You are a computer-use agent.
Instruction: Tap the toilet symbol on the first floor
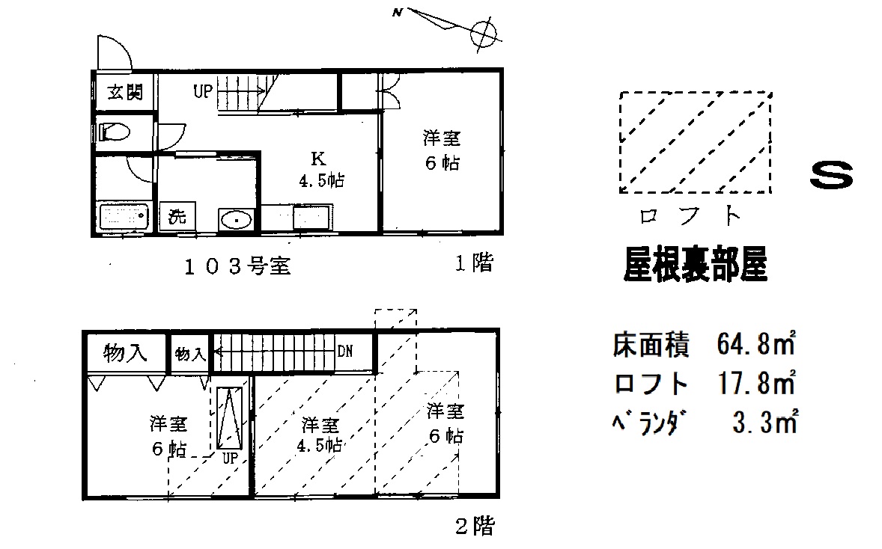click(x=115, y=133)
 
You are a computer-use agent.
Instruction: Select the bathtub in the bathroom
click(x=124, y=218)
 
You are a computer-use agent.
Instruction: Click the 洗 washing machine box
click(x=177, y=218)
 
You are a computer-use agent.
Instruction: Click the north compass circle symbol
click(x=483, y=32)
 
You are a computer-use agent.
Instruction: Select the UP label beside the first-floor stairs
click(x=203, y=92)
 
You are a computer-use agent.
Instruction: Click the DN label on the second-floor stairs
click(x=345, y=350)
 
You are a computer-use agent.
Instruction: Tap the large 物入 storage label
click(x=124, y=352)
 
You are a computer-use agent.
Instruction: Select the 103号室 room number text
click(x=237, y=266)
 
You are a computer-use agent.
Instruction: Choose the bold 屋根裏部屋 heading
click(x=696, y=264)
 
